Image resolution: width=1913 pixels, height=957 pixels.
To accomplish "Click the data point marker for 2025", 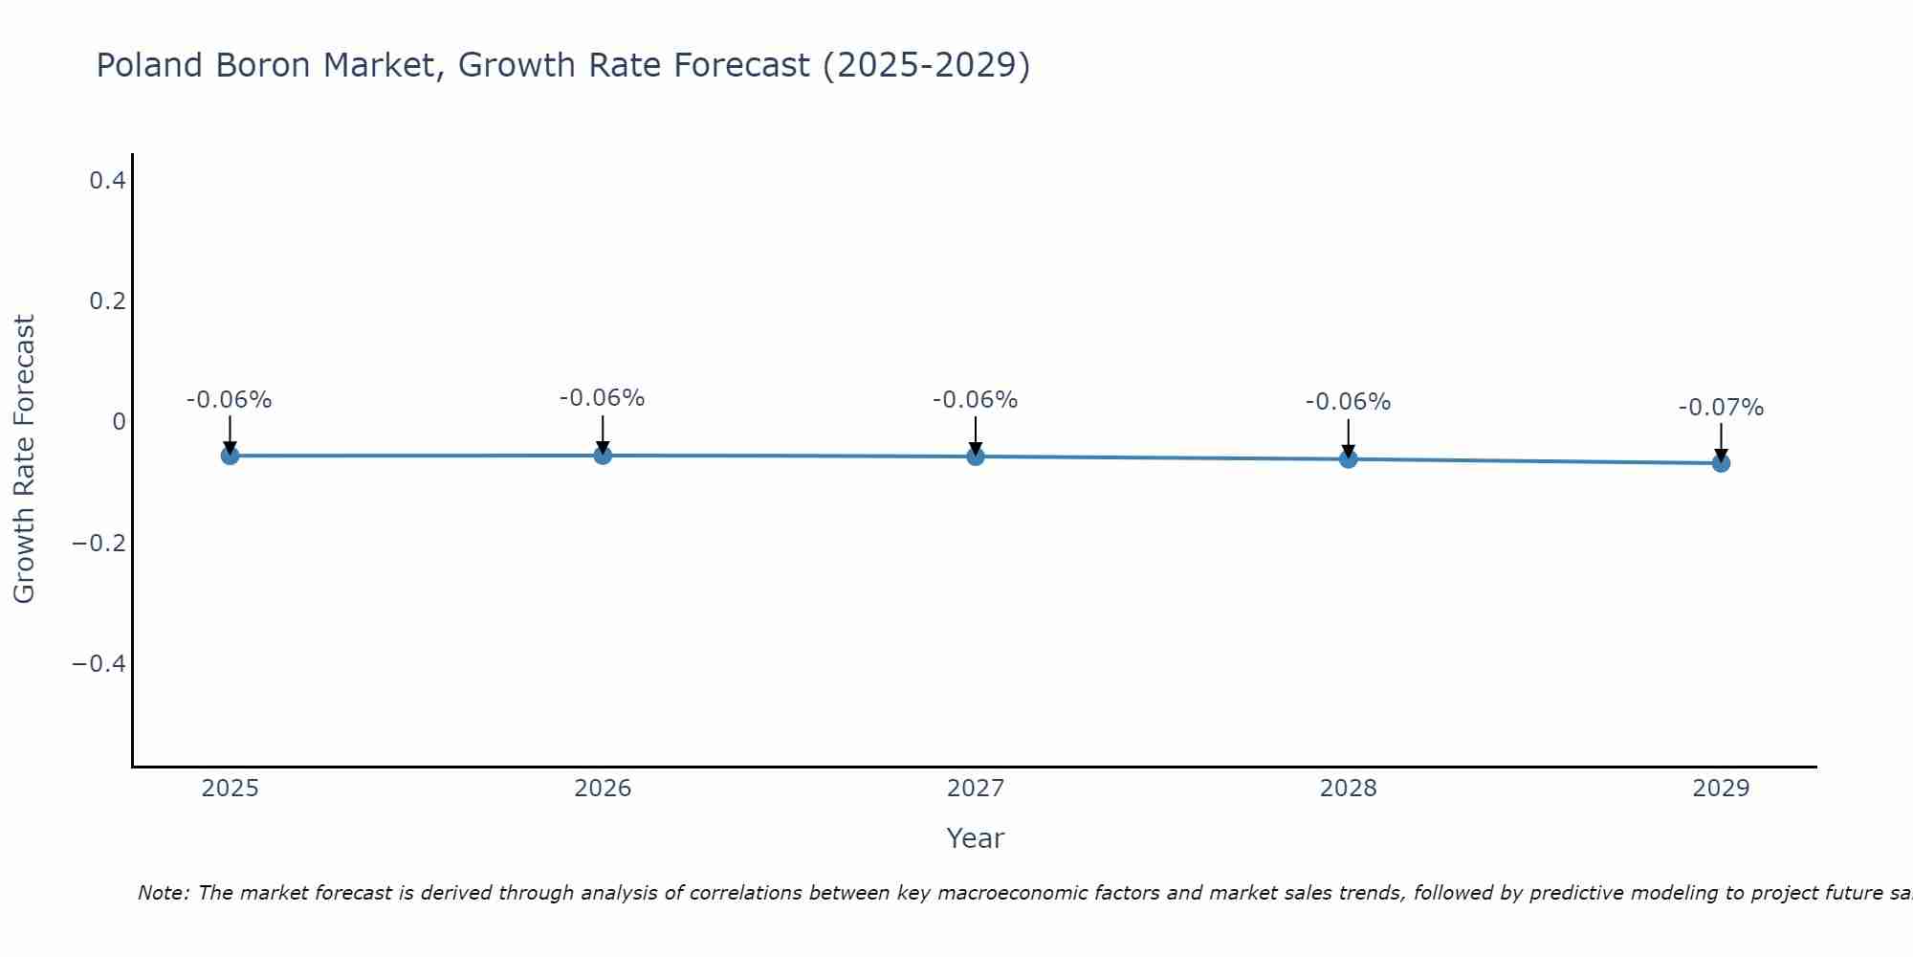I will point(230,456).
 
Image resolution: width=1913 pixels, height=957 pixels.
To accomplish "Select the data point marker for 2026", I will point(603,456).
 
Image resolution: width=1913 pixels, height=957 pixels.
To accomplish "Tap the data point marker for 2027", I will point(976,456).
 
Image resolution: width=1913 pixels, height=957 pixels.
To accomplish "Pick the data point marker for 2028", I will point(1348,459).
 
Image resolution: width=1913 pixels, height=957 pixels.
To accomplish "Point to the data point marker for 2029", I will point(1721,463).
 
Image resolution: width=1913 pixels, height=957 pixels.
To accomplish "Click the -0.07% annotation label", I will point(1721,408).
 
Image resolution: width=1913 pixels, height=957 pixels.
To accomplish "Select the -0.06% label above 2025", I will point(230,400).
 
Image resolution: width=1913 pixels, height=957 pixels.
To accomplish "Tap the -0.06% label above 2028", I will point(1348,402).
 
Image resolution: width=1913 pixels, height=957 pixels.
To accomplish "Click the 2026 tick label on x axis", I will point(603,789).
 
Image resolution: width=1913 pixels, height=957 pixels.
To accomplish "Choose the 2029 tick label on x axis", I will point(1721,789).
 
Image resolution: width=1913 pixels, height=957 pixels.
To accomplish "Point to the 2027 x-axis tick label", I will point(976,789).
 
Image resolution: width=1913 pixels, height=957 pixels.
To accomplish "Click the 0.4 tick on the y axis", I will point(107,180).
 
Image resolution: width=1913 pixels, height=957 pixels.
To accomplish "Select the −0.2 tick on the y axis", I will point(99,544).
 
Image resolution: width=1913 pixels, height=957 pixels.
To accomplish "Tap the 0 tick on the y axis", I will point(119,422).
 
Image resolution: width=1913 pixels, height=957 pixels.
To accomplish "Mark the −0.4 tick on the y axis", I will point(99,664).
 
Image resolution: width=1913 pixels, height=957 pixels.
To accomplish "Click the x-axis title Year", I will point(975,838).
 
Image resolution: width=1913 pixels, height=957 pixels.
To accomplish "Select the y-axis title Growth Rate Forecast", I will point(24,459).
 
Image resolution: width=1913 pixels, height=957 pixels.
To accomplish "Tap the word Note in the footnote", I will point(163,893).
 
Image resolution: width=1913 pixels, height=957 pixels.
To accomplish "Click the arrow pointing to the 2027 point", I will point(976,435).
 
